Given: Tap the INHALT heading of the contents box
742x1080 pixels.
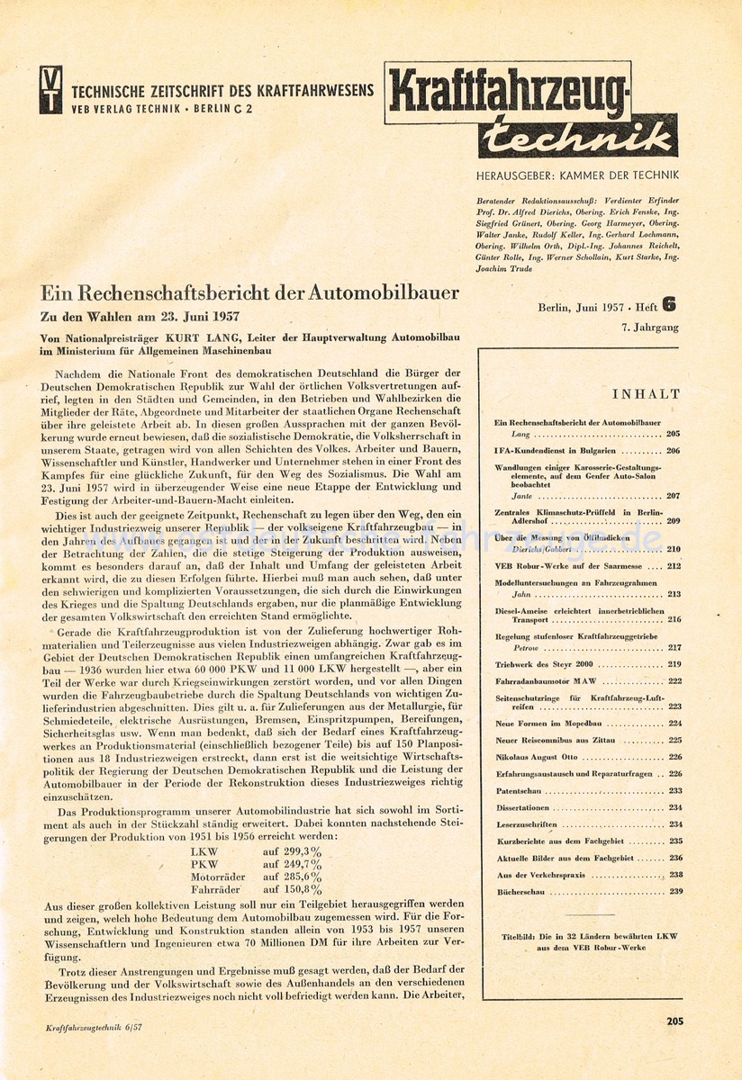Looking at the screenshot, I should [x=646, y=394].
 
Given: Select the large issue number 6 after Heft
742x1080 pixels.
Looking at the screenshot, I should [x=669, y=305].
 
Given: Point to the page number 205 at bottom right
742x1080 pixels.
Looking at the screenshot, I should [x=674, y=1021].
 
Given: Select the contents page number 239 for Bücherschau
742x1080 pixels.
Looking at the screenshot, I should [x=674, y=891].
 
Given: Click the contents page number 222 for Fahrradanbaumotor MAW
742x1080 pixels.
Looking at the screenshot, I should [x=674, y=681].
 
